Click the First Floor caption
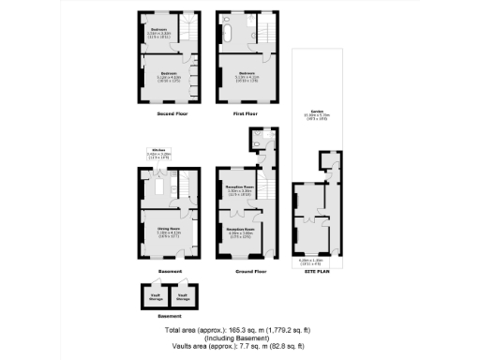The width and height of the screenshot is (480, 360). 244,113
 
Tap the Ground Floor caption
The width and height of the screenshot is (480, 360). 246,271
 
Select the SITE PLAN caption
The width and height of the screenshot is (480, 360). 316,269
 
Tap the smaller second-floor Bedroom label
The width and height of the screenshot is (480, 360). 159,29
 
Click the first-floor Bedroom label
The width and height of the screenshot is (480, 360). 246,72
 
